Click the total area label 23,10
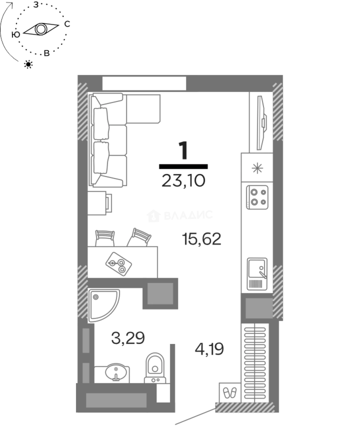tap(183, 181)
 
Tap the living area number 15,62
tap(202, 239)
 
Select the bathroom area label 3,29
tap(128, 338)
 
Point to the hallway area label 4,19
tap(209, 349)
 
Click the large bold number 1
tap(183, 150)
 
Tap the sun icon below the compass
tap(28, 64)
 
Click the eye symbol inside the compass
tap(41, 29)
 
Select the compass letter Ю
tap(16, 35)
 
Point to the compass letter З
tap(36, 5)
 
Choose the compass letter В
tap(47, 53)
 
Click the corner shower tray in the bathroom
tap(104, 305)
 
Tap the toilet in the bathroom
tap(155, 368)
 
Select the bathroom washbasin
tap(116, 372)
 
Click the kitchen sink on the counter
tap(257, 274)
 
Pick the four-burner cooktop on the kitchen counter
tap(257, 197)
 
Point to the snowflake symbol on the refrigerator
tap(257, 168)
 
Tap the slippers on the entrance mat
tap(230, 393)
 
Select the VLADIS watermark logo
tap(180, 215)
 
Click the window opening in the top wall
tap(144, 83)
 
